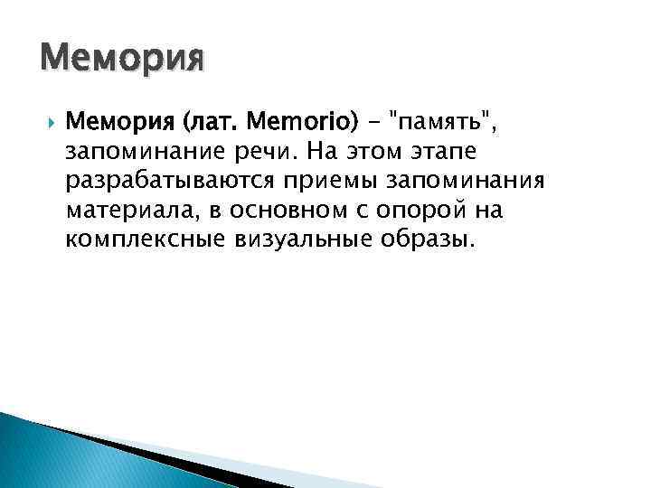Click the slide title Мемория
pos(122,61)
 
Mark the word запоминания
pos(466,181)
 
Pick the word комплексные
pos(144,242)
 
